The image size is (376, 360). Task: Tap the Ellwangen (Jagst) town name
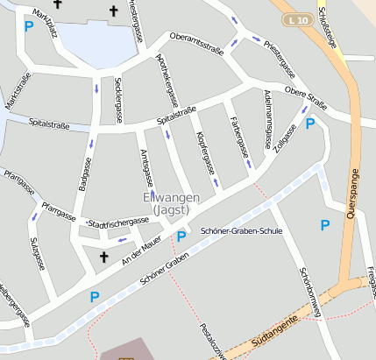pos(172,204)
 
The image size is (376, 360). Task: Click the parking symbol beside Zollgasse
pos(309,124)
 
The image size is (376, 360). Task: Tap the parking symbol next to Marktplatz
pos(29,27)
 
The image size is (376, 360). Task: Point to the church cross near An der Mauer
pos(103,257)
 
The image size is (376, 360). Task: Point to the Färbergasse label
pos(236,131)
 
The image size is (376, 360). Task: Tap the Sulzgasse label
pos(36,253)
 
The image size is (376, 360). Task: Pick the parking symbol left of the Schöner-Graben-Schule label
pos(181,236)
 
